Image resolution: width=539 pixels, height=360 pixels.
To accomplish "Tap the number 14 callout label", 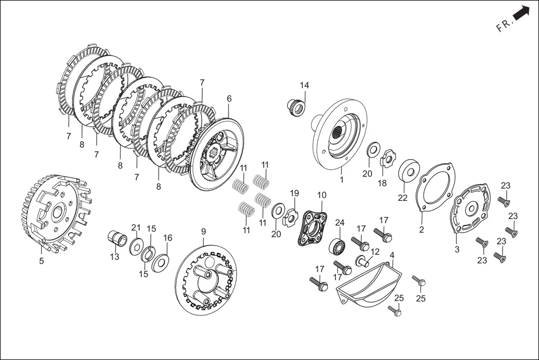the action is pos(304,85).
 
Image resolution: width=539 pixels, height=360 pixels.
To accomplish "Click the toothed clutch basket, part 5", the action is pos(55,213).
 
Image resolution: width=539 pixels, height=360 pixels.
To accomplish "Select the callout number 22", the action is pos(403,198).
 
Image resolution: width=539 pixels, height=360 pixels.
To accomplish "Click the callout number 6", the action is pos(229,99).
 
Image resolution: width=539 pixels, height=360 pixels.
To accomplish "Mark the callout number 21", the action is pos(136,227).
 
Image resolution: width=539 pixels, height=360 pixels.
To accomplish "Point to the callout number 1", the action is pos(342,180).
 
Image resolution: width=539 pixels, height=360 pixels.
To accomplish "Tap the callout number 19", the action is pos(294,194).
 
